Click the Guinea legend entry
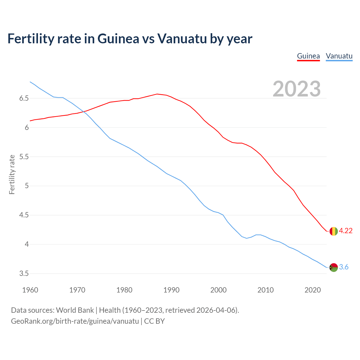pos(308,56)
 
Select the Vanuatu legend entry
pos(339,56)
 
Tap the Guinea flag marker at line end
pos(333,231)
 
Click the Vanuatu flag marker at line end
pos(334,267)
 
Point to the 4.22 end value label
pos(346,231)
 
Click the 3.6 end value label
pos(344,267)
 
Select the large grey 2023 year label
pos(297,89)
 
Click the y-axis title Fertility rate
pos(12,174)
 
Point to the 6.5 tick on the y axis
pos(24,98)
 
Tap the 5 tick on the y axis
pos(27,186)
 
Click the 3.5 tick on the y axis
pos(24,274)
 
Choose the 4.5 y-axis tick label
pos(24,215)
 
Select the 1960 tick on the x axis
pos(30,290)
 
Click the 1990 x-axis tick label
pos(171,290)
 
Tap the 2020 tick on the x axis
pos(312,290)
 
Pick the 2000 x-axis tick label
pos(218,290)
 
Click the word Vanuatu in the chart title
pos(182,39)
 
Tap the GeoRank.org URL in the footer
pos(75,321)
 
